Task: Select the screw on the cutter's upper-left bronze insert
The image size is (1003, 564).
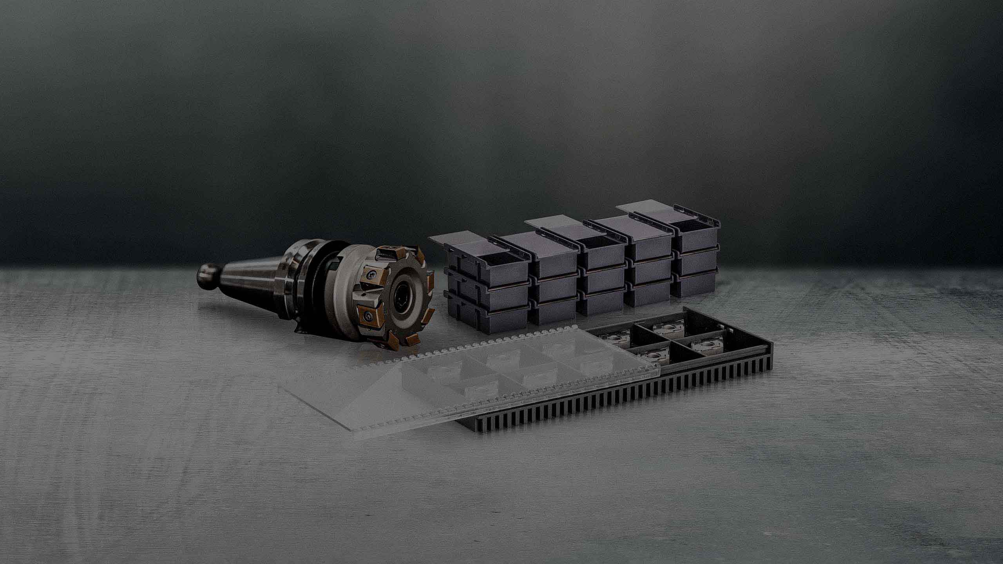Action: (370, 275)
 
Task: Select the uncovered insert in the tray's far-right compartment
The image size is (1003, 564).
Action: (706, 345)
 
